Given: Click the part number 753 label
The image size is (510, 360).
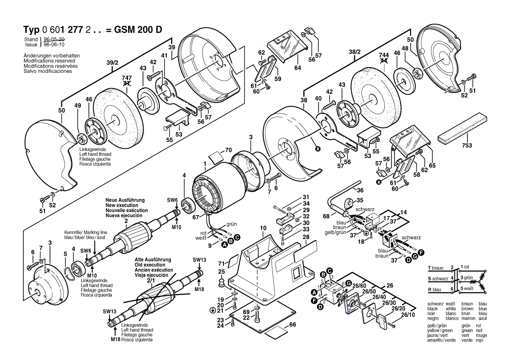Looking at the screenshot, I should (x=467, y=145).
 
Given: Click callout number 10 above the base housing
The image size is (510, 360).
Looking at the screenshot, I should (x=263, y=228).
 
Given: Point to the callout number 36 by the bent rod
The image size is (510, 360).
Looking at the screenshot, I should (x=360, y=190).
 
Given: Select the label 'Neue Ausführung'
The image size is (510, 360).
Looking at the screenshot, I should (x=124, y=200).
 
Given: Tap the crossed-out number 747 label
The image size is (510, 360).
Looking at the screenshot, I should (x=126, y=79).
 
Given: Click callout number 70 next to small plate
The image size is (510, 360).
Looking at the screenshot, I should (x=228, y=150).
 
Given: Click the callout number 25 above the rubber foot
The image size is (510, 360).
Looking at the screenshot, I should (x=222, y=272).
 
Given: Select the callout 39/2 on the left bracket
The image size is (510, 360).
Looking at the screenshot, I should (x=113, y=63).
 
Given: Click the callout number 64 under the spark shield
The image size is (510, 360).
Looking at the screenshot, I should (x=298, y=68).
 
